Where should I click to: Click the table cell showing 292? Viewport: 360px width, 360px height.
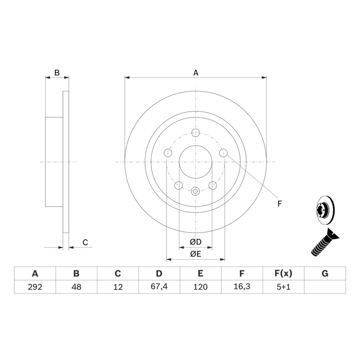coord(35,287)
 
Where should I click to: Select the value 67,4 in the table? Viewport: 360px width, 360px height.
coord(159,286)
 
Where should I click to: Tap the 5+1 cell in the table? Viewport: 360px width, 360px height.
coord(283,287)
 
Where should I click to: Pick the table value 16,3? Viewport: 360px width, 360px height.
coord(242,286)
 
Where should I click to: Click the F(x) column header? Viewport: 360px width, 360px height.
coord(283,273)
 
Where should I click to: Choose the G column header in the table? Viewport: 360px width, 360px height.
coord(325,273)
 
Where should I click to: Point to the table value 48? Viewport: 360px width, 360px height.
coord(76,287)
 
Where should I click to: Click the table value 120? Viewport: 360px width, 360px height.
coord(200,287)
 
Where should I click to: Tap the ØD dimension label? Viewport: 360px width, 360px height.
coord(196,242)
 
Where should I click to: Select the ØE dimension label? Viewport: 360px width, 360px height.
coord(196,254)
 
